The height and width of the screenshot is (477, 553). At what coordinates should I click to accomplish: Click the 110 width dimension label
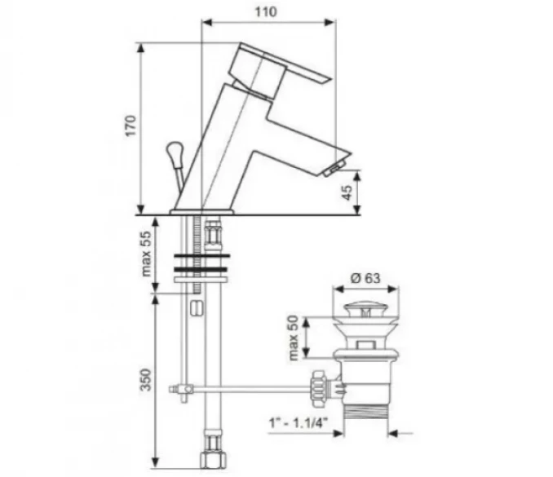[266, 11]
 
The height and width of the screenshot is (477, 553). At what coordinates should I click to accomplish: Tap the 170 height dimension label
[131, 126]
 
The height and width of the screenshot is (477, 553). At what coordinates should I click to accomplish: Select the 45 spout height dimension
[347, 192]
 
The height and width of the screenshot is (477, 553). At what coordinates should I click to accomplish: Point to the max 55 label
[146, 254]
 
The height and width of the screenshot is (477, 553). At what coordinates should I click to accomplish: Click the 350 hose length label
[146, 380]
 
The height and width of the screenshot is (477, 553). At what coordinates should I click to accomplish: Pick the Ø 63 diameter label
[365, 278]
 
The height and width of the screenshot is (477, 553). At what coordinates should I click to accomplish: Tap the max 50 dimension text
[293, 338]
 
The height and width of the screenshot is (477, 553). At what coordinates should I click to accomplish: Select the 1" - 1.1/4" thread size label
[299, 422]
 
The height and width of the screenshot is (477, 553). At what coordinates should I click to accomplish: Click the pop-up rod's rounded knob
[175, 151]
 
